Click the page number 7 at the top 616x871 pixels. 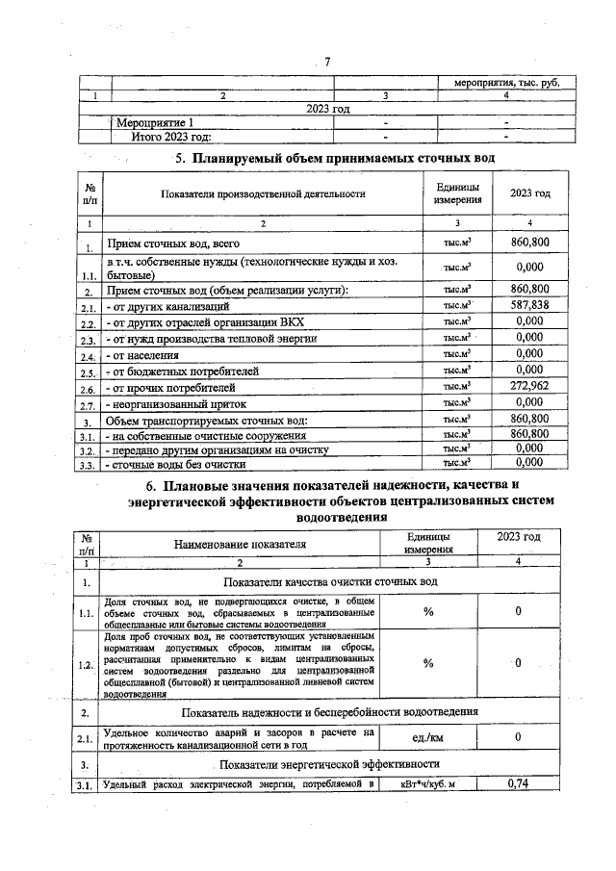click(327, 63)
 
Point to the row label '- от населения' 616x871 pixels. click(145, 354)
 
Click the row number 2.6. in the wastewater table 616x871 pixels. click(89, 388)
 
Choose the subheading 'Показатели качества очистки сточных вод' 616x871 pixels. click(331, 583)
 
